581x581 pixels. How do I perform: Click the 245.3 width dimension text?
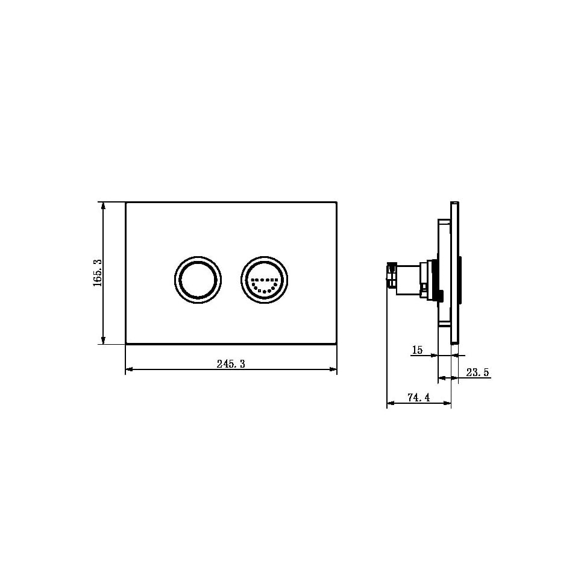point(231,363)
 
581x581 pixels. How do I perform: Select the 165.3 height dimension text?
point(98,273)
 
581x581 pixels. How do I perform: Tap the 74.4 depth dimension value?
point(419,397)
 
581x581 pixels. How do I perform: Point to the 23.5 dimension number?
point(477,372)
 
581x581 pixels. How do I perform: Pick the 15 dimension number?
point(416,350)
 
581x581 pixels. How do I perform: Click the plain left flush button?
point(198,279)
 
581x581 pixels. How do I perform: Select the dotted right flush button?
point(265,279)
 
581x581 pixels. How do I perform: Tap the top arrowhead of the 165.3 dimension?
point(104,206)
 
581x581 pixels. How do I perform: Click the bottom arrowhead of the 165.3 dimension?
point(104,341)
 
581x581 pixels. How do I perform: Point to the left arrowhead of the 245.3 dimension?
point(129,369)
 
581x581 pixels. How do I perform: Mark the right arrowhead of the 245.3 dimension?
point(333,369)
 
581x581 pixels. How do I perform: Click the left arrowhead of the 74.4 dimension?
point(390,403)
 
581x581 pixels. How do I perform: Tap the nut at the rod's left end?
point(392,277)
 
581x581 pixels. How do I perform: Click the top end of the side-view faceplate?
point(454,203)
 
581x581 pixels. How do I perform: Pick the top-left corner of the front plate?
point(126,203)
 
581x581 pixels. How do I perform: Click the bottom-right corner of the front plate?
point(336,344)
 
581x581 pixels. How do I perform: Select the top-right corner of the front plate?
point(336,203)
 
